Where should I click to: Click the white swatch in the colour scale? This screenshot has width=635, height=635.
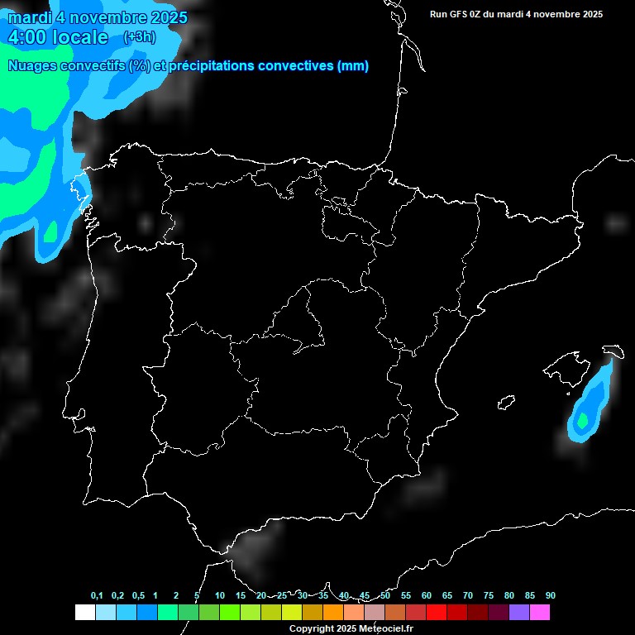click(84, 613)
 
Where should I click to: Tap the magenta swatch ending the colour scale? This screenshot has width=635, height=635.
click(540, 613)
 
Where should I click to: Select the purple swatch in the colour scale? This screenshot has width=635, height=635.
click(519, 613)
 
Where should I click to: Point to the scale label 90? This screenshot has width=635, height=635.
click(550, 595)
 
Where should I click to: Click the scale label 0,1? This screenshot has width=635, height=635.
click(97, 595)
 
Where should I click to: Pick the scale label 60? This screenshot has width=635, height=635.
click(426, 595)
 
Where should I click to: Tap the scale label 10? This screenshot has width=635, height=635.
click(219, 595)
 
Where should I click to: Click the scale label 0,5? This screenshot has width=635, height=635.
click(138, 595)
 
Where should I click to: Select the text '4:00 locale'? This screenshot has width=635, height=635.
click(57, 37)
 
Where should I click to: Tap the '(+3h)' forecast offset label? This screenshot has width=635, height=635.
click(139, 37)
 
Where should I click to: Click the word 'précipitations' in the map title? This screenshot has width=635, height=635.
click(211, 66)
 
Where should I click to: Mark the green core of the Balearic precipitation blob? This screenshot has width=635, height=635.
click(583, 421)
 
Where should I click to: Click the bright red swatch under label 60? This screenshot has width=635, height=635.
click(437, 613)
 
